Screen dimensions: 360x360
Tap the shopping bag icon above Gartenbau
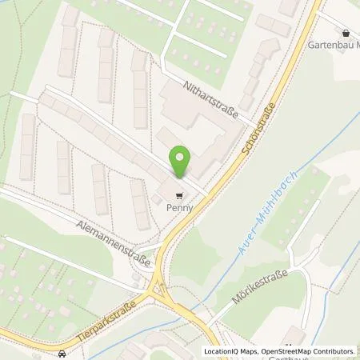coord(345,34)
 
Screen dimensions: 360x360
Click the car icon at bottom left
coord(62,352)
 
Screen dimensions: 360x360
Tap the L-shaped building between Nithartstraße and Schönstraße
coord(192,128)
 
